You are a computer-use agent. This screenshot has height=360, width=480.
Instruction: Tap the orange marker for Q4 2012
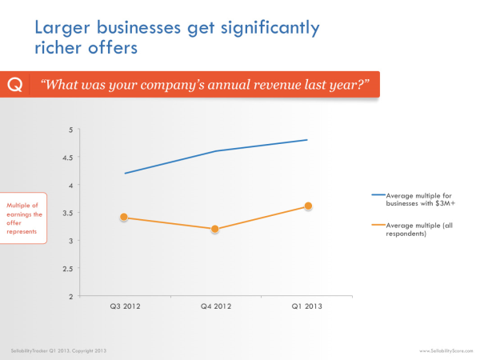tap(215, 229)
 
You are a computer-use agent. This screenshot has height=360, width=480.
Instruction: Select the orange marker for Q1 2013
tap(308, 206)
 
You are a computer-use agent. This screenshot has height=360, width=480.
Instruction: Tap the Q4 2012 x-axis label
tap(215, 306)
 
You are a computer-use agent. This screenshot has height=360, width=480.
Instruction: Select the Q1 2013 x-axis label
tap(308, 306)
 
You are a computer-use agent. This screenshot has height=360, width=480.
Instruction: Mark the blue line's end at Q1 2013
tap(308, 140)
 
